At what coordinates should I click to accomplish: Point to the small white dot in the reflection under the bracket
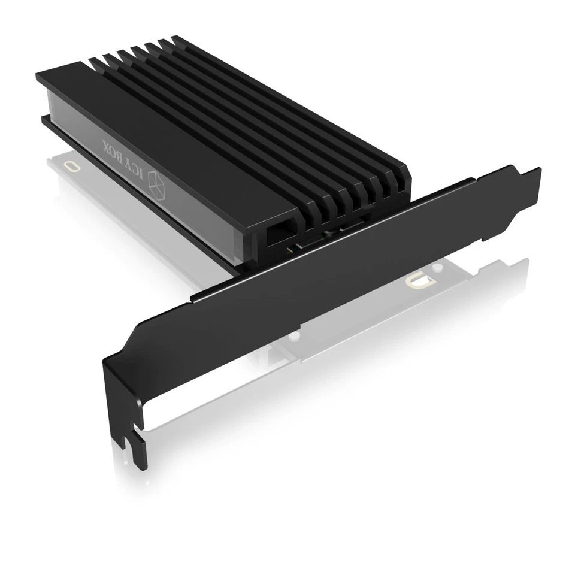(x=293, y=338)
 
